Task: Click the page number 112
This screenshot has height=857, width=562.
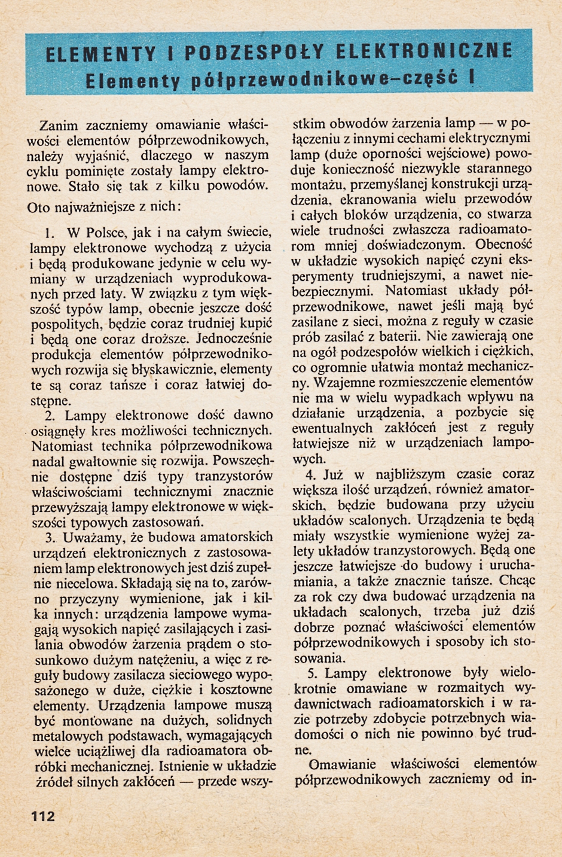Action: (x=42, y=816)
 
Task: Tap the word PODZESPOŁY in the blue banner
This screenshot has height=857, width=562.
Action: (x=253, y=53)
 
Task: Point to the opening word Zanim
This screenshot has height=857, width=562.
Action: (x=59, y=126)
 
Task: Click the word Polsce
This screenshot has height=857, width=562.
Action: (x=103, y=231)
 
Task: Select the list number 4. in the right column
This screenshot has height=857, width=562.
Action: (x=310, y=474)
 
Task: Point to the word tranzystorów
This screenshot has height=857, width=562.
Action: (x=234, y=476)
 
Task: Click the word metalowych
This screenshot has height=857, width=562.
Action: (x=70, y=735)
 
